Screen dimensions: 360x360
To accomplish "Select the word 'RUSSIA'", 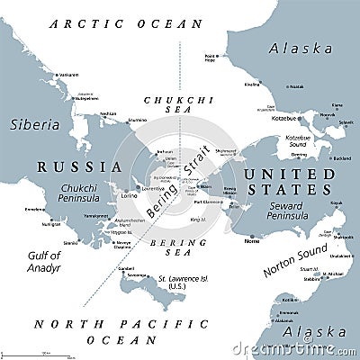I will point(79,166).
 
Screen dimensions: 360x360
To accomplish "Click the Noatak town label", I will point(296,85).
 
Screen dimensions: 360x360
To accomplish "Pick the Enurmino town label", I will point(137,119).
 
